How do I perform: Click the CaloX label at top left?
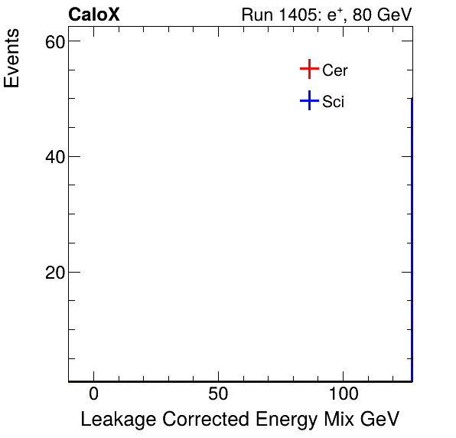tap(94, 15)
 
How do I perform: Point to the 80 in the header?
tap(361, 15)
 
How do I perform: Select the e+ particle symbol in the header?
tap(333, 15)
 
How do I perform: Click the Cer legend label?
tap(335, 70)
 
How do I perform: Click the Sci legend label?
tap(334, 102)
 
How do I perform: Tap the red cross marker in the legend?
tap(308, 70)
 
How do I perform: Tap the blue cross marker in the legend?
tap(308, 100)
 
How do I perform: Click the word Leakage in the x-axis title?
tap(112, 420)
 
